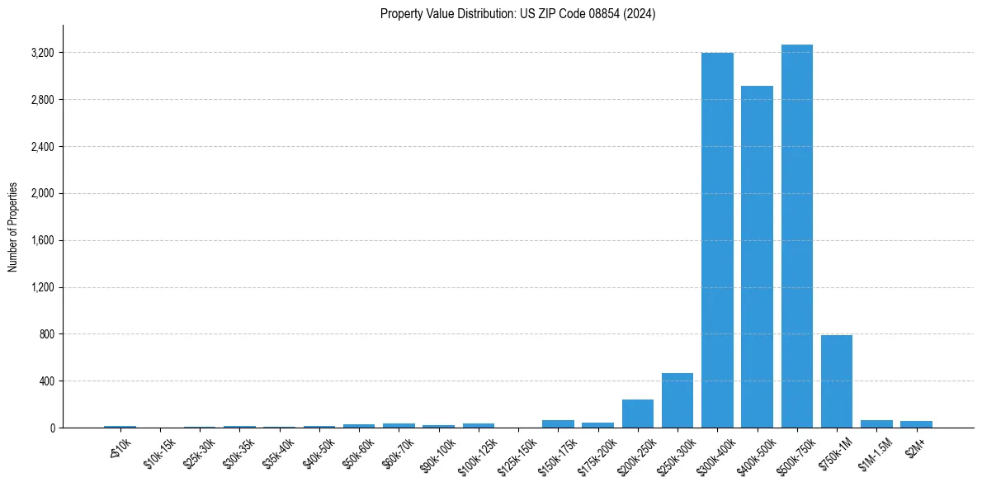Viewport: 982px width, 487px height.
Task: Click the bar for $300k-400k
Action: coord(717,240)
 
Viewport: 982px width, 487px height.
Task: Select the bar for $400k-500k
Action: coord(757,257)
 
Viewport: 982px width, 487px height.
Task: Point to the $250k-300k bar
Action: coord(677,400)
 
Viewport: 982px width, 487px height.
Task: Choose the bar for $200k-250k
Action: coord(638,414)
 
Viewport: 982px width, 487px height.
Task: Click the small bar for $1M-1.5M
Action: coord(876,423)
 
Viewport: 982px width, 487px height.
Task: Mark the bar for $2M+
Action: coord(916,424)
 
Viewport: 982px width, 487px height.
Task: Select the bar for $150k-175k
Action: coord(558,423)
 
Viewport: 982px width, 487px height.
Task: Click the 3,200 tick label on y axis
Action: coord(41,53)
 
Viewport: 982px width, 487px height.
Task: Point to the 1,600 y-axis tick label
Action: coord(41,241)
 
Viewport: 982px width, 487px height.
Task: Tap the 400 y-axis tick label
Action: coord(46,381)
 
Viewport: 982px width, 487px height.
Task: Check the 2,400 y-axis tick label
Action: coord(41,147)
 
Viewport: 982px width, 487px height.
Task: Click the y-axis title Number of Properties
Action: coord(13,227)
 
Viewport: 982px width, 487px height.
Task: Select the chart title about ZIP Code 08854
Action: coord(518,14)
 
